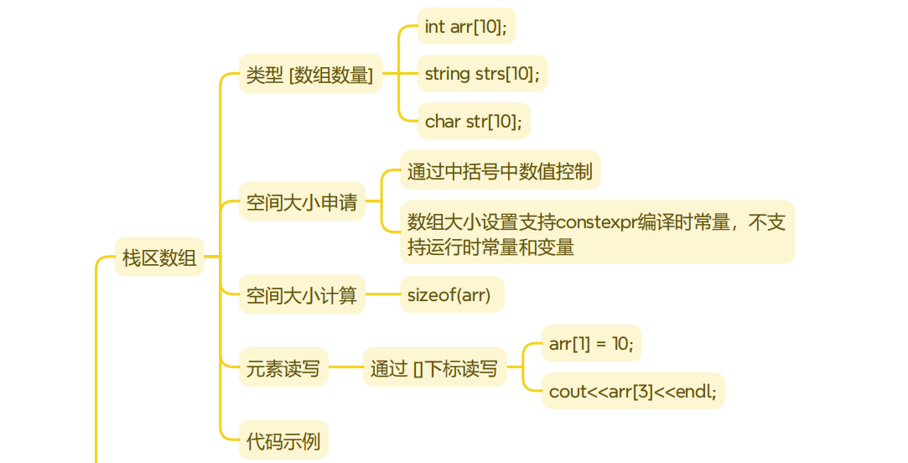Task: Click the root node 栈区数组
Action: [159, 257]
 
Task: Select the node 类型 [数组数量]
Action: [310, 74]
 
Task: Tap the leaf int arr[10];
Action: [466, 26]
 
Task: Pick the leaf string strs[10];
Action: [482, 74]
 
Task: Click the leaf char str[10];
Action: [474, 122]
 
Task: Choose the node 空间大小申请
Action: [302, 202]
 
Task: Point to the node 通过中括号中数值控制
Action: [500, 171]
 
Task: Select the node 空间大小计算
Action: [302, 294]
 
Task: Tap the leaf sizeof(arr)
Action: [451, 294]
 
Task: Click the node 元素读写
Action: [283, 367]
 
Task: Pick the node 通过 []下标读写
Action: [434, 367]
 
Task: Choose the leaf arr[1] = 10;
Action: [591, 343]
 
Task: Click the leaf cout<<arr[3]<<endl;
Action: [633, 391]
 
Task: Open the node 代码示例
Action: [283, 440]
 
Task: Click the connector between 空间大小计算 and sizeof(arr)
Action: [382, 294]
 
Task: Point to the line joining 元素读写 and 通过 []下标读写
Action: [345, 367]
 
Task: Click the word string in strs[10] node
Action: [447, 74]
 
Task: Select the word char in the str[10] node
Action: [443, 122]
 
